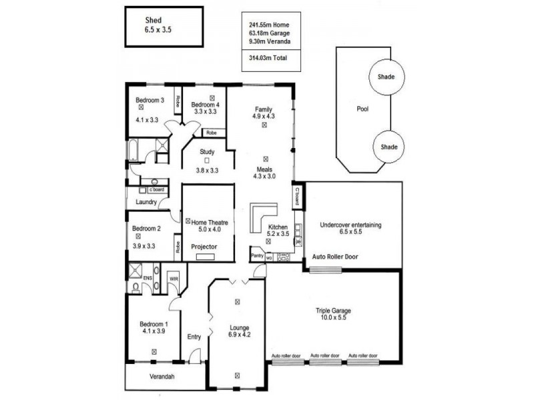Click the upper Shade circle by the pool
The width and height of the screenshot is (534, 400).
click(385, 77)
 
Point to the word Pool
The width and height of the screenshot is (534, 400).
click(362, 108)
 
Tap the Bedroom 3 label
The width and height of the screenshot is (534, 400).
click(150, 100)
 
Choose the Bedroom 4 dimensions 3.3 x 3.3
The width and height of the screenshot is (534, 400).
click(205, 112)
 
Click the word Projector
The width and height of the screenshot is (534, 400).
click(204, 247)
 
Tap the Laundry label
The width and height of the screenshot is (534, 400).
click(146, 202)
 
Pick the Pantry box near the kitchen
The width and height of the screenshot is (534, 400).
click(257, 255)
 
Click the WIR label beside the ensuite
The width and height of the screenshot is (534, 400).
click(173, 277)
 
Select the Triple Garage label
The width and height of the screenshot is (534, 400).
click(333, 310)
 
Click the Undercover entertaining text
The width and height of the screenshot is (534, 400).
click(350, 225)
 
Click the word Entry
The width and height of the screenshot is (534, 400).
click(194, 337)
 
